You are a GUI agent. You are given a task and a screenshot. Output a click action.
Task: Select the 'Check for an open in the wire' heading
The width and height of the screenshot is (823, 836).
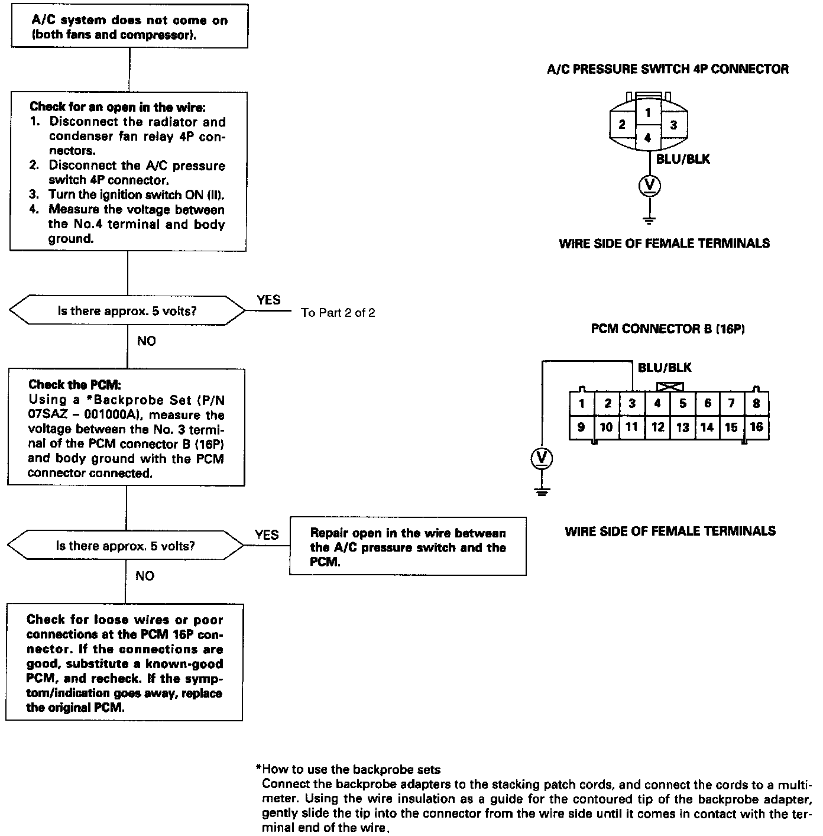[x=118, y=107]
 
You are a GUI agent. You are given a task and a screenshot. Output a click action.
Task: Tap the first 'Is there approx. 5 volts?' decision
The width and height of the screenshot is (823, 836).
[x=127, y=311]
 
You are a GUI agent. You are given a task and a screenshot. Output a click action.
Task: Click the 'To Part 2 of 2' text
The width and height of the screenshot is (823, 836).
[x=338, y=313]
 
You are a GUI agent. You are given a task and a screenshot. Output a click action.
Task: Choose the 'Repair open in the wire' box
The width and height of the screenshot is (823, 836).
[x=407, y=547]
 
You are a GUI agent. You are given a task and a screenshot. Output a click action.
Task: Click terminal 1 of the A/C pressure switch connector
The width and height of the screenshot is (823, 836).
[x=648, y=112]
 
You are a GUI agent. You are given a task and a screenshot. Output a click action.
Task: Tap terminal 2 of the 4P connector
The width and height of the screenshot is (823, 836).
[x=622, y=125]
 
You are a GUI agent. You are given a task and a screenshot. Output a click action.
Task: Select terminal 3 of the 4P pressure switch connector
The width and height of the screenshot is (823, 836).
[x=673, y=125]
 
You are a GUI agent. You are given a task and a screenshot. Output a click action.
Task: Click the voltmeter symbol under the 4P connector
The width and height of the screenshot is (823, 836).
[x=649, y=186]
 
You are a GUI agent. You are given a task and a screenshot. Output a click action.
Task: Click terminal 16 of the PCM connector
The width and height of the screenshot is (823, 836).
[x=756, y=427]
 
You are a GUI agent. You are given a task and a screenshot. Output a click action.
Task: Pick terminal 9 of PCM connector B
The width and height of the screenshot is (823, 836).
[x=581, y=427]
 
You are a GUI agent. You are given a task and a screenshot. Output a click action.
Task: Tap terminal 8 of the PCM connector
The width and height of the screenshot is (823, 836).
[x=756, y=403]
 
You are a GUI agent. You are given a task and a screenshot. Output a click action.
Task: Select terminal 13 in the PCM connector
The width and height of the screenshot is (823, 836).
[x=682, y=427]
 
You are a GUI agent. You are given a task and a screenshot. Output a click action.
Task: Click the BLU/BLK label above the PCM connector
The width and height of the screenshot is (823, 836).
[x=665, y=368]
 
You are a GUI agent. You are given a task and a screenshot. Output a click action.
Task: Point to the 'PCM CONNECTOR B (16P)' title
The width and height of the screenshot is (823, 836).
[x=668, y=329]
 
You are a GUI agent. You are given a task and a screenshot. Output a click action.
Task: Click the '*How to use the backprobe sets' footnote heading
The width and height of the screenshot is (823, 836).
[x=348, y=769]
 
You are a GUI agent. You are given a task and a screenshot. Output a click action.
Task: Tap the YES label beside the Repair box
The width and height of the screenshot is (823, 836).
[x=267, y=534]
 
